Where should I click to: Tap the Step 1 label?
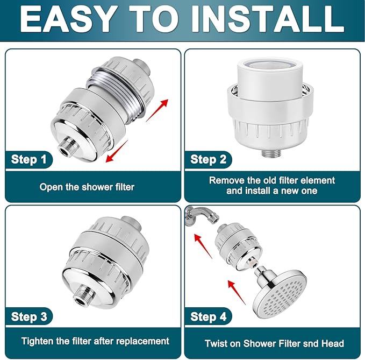(32, 159)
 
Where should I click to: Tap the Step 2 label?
(211, 159)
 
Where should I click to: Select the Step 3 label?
(32, 316)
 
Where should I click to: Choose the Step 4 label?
(211, 316)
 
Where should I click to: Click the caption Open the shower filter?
(87, 187)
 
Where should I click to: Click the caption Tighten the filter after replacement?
(95, 341)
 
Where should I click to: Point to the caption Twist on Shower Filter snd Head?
(274, 343)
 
